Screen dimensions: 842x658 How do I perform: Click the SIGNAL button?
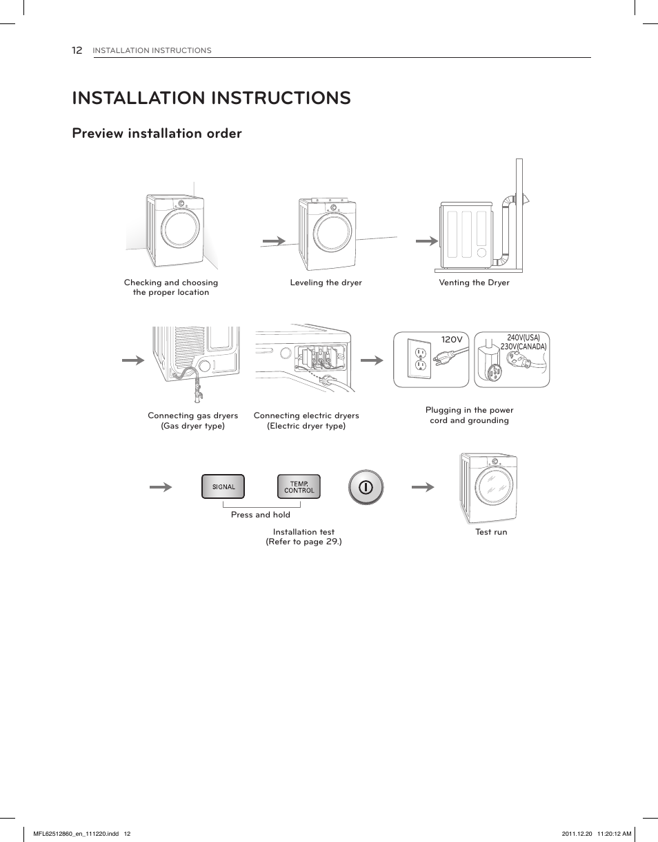[x=223, y=487]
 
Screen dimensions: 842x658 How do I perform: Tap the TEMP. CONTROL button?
[x=299, y=487]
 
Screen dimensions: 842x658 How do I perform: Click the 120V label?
[x=451, y=340]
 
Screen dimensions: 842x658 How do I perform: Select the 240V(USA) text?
[x=524, y=338]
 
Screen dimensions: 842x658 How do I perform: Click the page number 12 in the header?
[x=77, y=50]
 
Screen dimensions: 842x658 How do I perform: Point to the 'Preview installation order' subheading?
[x=157, y=134]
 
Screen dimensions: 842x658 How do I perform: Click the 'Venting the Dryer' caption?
[x=474, y=283]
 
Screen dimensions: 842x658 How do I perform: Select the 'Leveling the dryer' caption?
[x=326, y=283]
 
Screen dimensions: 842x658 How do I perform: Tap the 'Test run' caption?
[x=490, y=532]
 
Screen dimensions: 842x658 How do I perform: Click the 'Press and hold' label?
[x=261, y=515]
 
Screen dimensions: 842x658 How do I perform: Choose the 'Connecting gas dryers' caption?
[x=192, y=415]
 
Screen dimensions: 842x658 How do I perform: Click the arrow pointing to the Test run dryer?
[x=423, y=487]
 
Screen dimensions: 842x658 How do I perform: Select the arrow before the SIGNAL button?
[x=161, y=487]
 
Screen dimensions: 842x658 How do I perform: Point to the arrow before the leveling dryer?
[x=274, y=241]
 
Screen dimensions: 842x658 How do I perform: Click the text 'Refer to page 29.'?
[x=304, y=542]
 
